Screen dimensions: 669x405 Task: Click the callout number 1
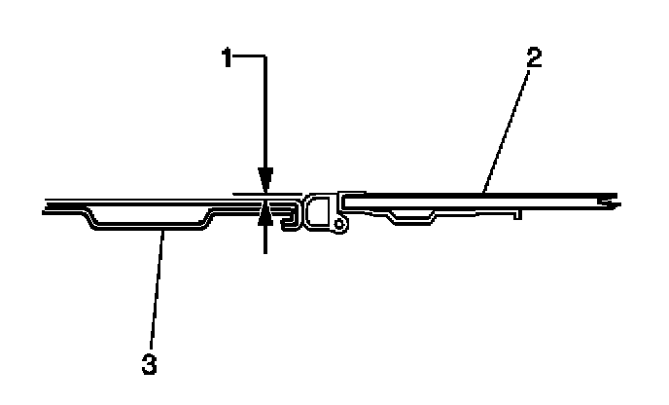(x=226, y=59)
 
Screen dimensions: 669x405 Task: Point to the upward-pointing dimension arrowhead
(x=264, y=217)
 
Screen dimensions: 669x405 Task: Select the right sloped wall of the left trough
(x=205, y=218)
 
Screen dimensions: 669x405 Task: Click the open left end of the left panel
(x=47, y=206)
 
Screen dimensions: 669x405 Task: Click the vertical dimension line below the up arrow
(x=264, y=239)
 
